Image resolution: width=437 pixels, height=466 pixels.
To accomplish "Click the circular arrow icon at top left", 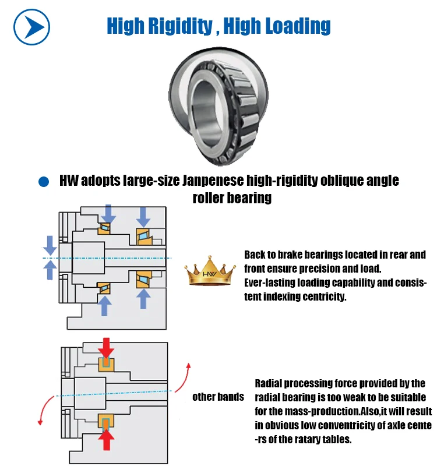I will coord(32,27).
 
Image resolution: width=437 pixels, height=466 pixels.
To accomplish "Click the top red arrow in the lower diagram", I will coord(106,348).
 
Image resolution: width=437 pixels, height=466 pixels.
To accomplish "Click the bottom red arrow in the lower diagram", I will coord(106,437).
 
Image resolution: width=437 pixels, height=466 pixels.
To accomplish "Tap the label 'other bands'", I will coord(218,397).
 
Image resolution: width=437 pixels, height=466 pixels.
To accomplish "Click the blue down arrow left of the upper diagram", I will coord(51,245).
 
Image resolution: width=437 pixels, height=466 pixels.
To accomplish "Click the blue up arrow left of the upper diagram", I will coord(51,270).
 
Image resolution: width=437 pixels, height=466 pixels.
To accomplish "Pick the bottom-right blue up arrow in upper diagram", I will coord(143,298).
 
